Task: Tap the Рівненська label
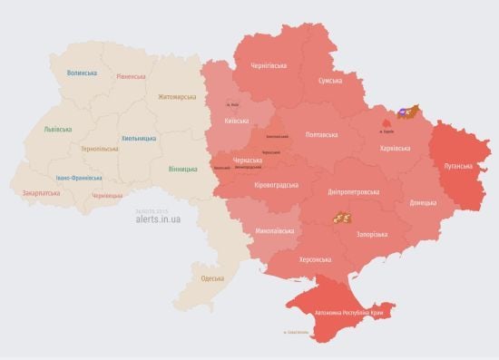tap(131, 76)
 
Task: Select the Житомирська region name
tap(176, 96)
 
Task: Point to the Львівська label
tap(58, 130)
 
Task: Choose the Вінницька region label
tap(183, 170)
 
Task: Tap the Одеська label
tap(212, 278)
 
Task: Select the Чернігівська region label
tap(269, 66)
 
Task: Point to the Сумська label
tap(329, 82)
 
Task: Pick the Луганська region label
tap(458, 167)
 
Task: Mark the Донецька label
tap(423, 202)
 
